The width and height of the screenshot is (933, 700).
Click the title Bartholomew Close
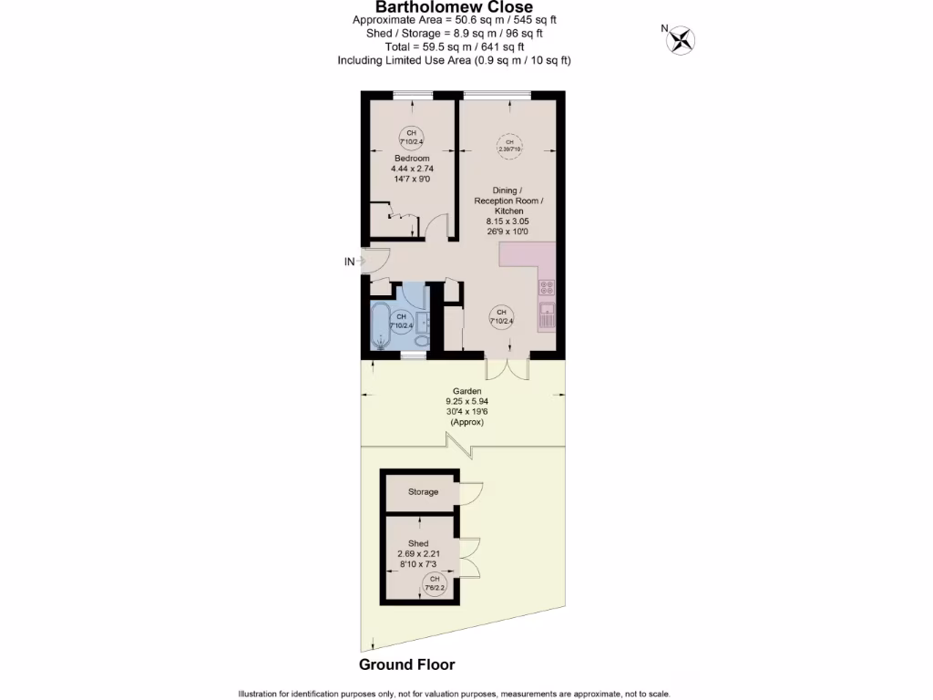coord(455,8)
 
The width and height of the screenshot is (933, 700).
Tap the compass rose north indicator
coord(681,39)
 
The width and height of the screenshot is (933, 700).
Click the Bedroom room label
coord(412,159)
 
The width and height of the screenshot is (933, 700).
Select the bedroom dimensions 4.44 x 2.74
coord(412,169)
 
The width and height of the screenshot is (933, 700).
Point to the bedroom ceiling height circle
coord(411,138)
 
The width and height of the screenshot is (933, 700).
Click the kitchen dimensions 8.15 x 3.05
coord(509,221)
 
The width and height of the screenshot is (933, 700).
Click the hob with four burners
coord(548,289)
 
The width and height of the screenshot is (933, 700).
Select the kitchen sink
coord(548,317)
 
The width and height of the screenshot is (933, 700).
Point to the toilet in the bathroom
coord(421,340)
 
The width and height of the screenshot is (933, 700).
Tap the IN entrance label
coord(349,262)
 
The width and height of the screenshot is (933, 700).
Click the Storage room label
coord(423,492)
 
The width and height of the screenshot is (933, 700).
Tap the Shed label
coord(418,543)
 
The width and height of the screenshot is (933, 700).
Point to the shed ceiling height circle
coord(435,583)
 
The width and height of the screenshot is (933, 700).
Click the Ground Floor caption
coord(406,664)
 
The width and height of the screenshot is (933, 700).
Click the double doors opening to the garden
coord(508,369)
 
